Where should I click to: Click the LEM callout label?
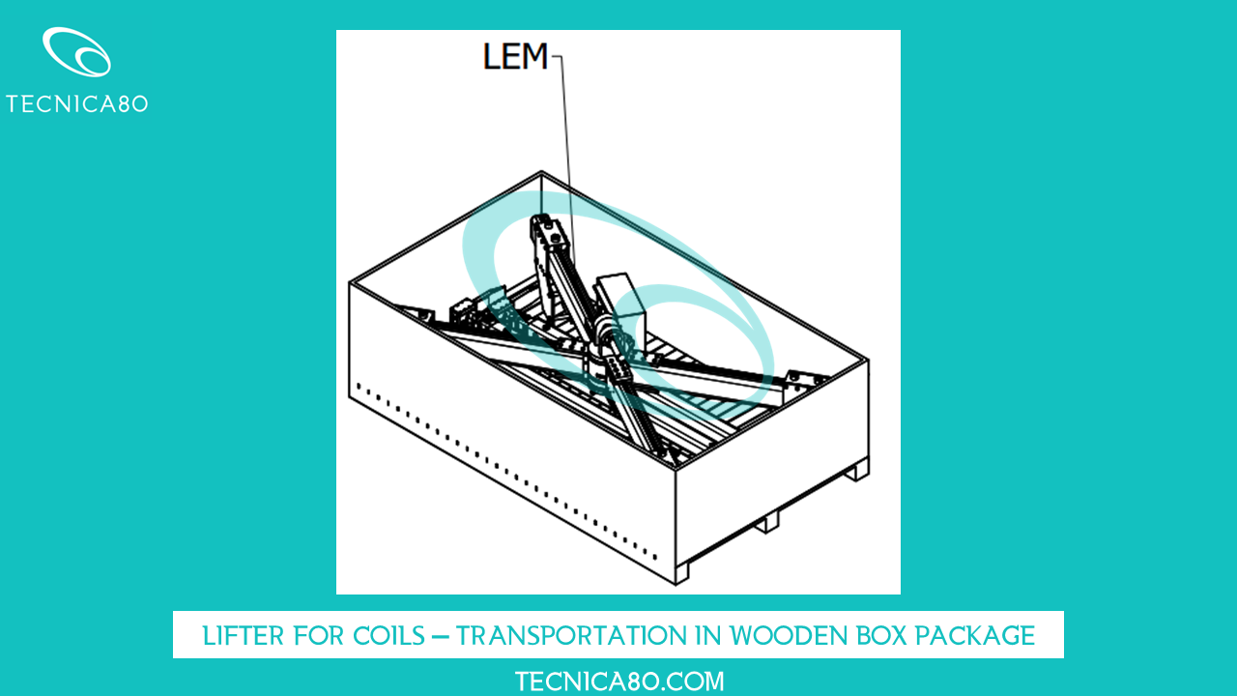(514, 57)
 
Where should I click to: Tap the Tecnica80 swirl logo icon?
(76, 52)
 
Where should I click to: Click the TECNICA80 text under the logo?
(76, 103)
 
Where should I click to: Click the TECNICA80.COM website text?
(618, 681)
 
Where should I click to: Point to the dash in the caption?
(441, 635)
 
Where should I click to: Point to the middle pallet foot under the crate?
(767, 523)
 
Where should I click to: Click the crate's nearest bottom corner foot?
(681, 573)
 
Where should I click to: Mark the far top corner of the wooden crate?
(541, 174)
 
